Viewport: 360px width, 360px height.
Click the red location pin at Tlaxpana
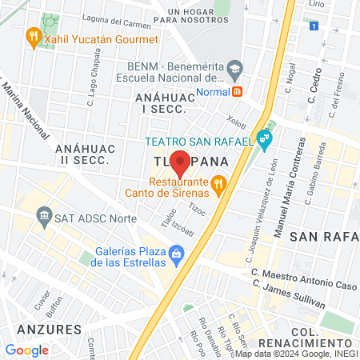tap(180, 162)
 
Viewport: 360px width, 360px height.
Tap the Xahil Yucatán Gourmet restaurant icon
tap(33, 36)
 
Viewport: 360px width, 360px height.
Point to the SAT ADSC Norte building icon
tap(42, 217)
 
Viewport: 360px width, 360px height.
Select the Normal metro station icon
tap(238, 91)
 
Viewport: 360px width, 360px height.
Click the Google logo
tap(27, 350)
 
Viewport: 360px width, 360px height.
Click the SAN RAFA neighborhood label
tap(324, 237)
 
